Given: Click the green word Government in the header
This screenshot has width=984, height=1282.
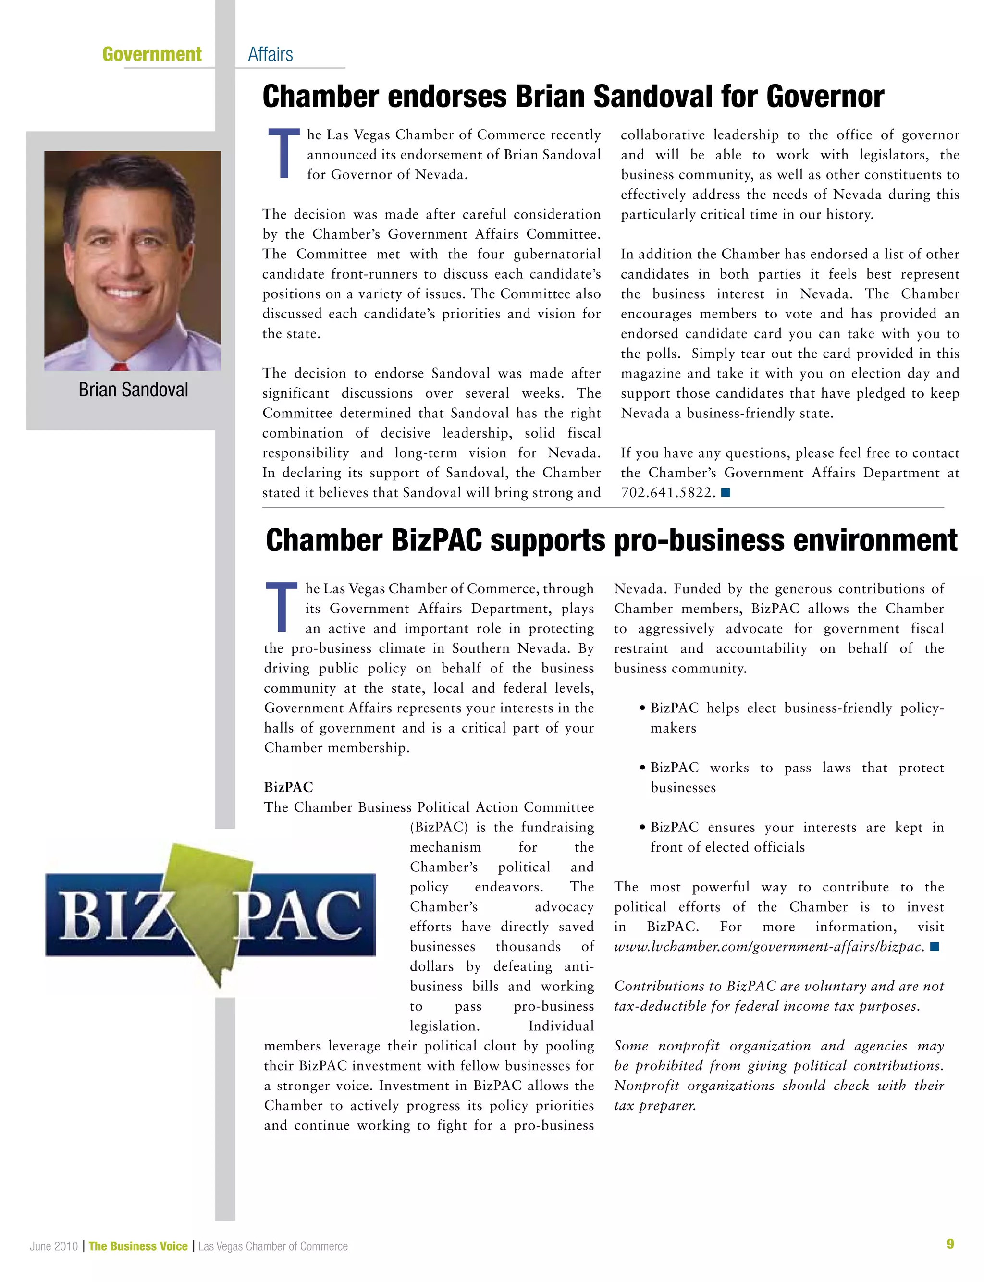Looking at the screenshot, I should (152, 54).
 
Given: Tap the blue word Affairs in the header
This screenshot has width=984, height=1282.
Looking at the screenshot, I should (270, 54).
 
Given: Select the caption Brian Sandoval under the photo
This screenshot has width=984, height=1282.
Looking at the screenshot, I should (133, 390).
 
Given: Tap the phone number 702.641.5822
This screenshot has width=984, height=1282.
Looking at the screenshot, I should (668, 493).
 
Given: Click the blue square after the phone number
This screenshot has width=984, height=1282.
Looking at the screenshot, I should (725, 493).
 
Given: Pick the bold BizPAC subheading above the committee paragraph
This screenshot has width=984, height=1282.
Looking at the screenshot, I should (288, 787).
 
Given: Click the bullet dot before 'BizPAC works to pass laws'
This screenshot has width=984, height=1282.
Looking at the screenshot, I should (642, 768).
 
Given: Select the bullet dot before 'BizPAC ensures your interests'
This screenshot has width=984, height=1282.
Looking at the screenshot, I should (642, 828).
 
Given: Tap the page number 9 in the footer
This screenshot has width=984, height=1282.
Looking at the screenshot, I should (950, 1244).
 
